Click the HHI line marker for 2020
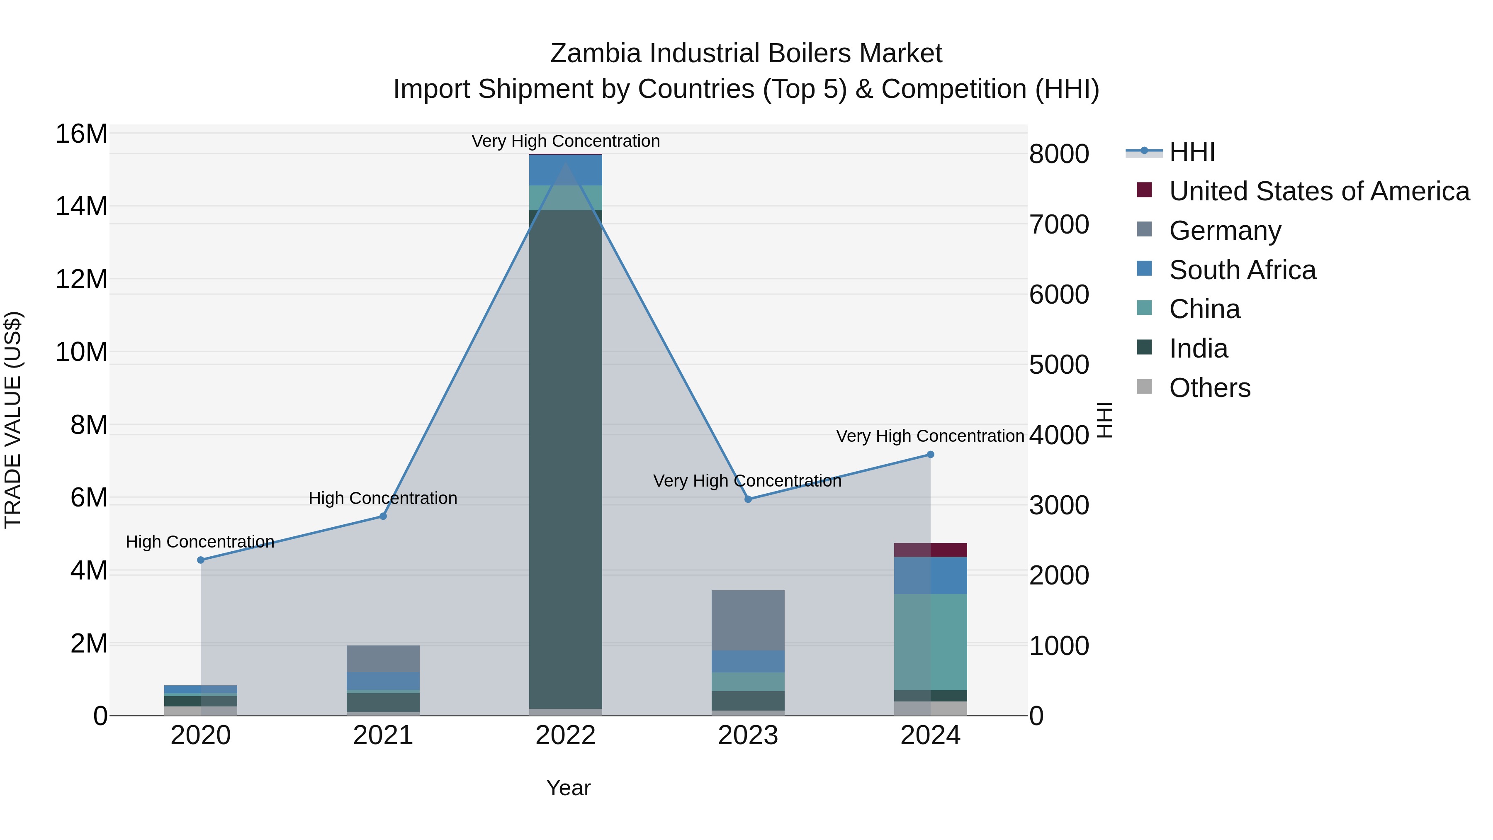[x=201, y=560]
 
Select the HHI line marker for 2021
[x=383, y=516]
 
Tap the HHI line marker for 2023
[x=748, y=499]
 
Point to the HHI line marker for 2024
[x=930, y=455]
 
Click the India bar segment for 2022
[x=565, y=458]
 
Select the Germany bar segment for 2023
[x=748, y=620]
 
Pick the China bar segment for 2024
[x=930, y=642]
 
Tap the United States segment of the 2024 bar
[x=930, y=550]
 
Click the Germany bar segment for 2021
[x=383, y=659]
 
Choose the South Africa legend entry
[x=1242, y=270]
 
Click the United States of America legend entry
[x=1318, y=191]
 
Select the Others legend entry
[x=1210, y=388]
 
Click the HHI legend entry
[x=1191, y=152]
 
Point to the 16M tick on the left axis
[x=81, y=134]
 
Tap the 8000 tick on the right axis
[x=1059, y=154]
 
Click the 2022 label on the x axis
[x=565, y=735]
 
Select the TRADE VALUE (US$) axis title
[x=13, y=420]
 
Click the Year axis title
[x=568, y=788]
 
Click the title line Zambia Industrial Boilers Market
[x=746, y=54]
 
